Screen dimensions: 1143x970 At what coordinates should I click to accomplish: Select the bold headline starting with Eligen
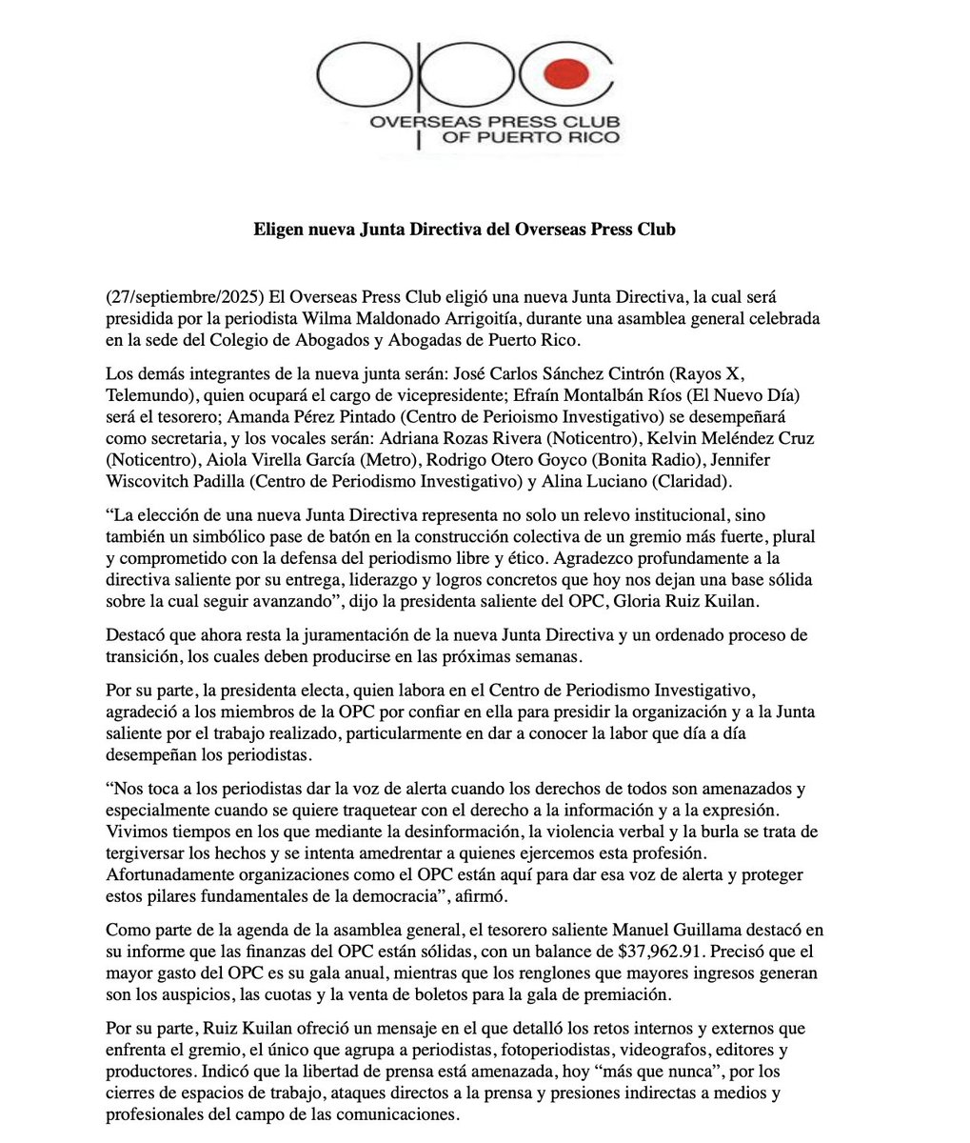coord(465,230)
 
